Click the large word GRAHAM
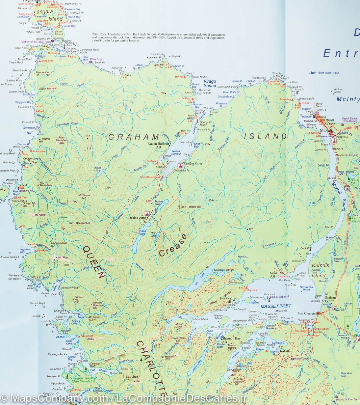(x=134, y=137)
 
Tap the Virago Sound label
(x=210, y=84)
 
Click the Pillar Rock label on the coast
(x=97, y=59)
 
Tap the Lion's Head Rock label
(x=280, y=297)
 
